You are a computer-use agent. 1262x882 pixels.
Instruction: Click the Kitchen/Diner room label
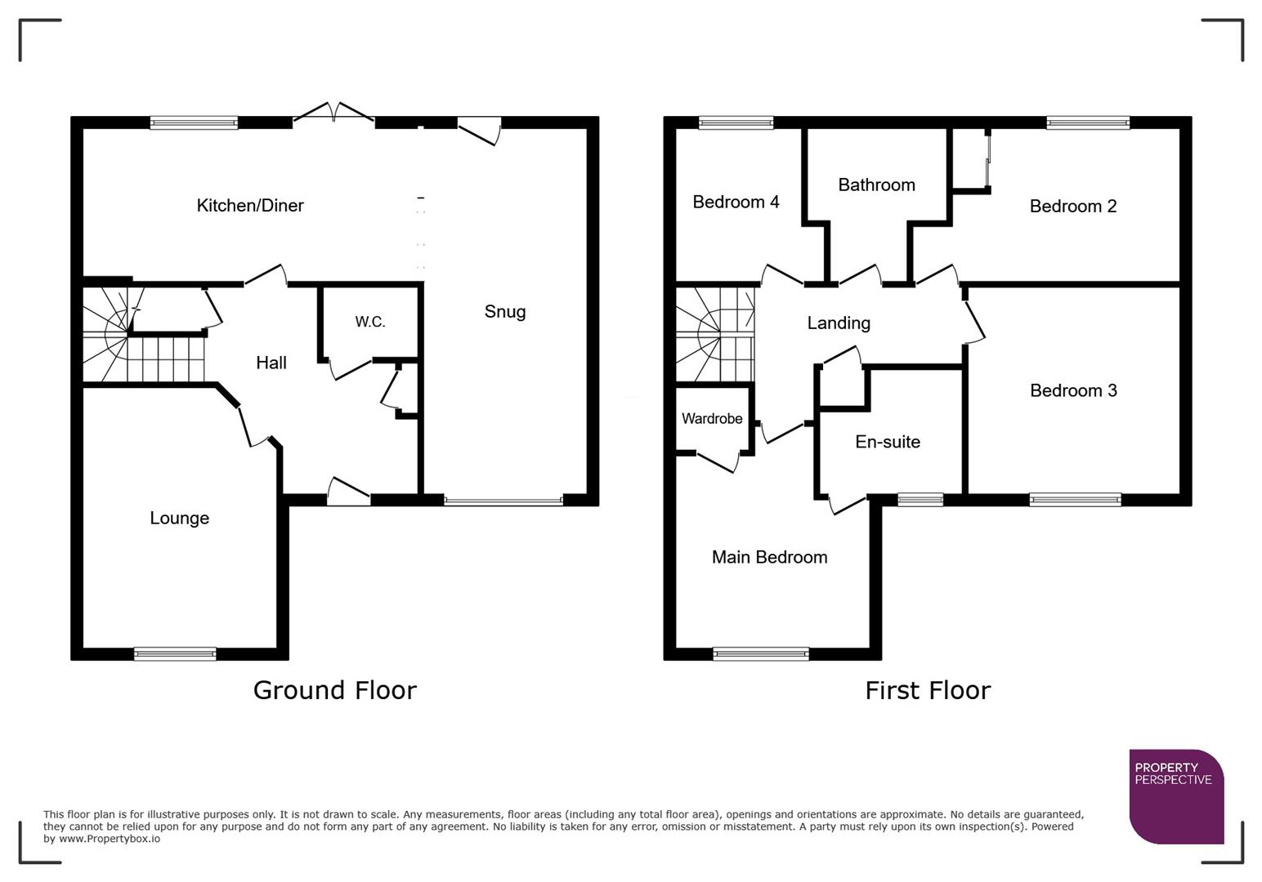click(250, 206)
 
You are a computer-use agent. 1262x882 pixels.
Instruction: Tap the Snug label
click(504, 311)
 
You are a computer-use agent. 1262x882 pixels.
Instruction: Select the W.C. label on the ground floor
click(369, 322)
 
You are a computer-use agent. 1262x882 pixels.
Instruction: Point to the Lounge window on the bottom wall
click(175, 653)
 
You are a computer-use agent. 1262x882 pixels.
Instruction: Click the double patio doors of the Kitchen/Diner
click(333, 116)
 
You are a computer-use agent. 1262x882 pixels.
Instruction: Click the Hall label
click(271, 363)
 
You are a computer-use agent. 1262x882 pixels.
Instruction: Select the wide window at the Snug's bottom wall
click(503, 500)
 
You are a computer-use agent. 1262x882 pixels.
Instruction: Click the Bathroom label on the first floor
click(876, 185)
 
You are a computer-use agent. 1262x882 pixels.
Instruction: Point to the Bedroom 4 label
click(736, 202)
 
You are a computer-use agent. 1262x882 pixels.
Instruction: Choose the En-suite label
click(888, 442)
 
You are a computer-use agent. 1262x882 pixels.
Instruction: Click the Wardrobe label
click(712, 418)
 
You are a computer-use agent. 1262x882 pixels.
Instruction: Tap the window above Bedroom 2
click(1088, 123)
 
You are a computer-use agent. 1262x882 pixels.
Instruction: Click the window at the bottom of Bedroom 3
click(1075, 500)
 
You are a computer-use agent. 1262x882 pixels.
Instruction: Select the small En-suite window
click(920, 500)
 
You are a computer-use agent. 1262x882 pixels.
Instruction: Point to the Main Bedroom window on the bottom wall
click(761, 653)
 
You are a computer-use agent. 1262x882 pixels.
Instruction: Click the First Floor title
click(928, 690)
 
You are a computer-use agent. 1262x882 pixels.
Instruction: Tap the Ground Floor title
click(335, 690)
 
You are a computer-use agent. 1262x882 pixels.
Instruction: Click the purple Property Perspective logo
click(1175, 796)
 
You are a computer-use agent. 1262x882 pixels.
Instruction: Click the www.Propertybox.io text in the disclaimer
click(109, 839)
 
